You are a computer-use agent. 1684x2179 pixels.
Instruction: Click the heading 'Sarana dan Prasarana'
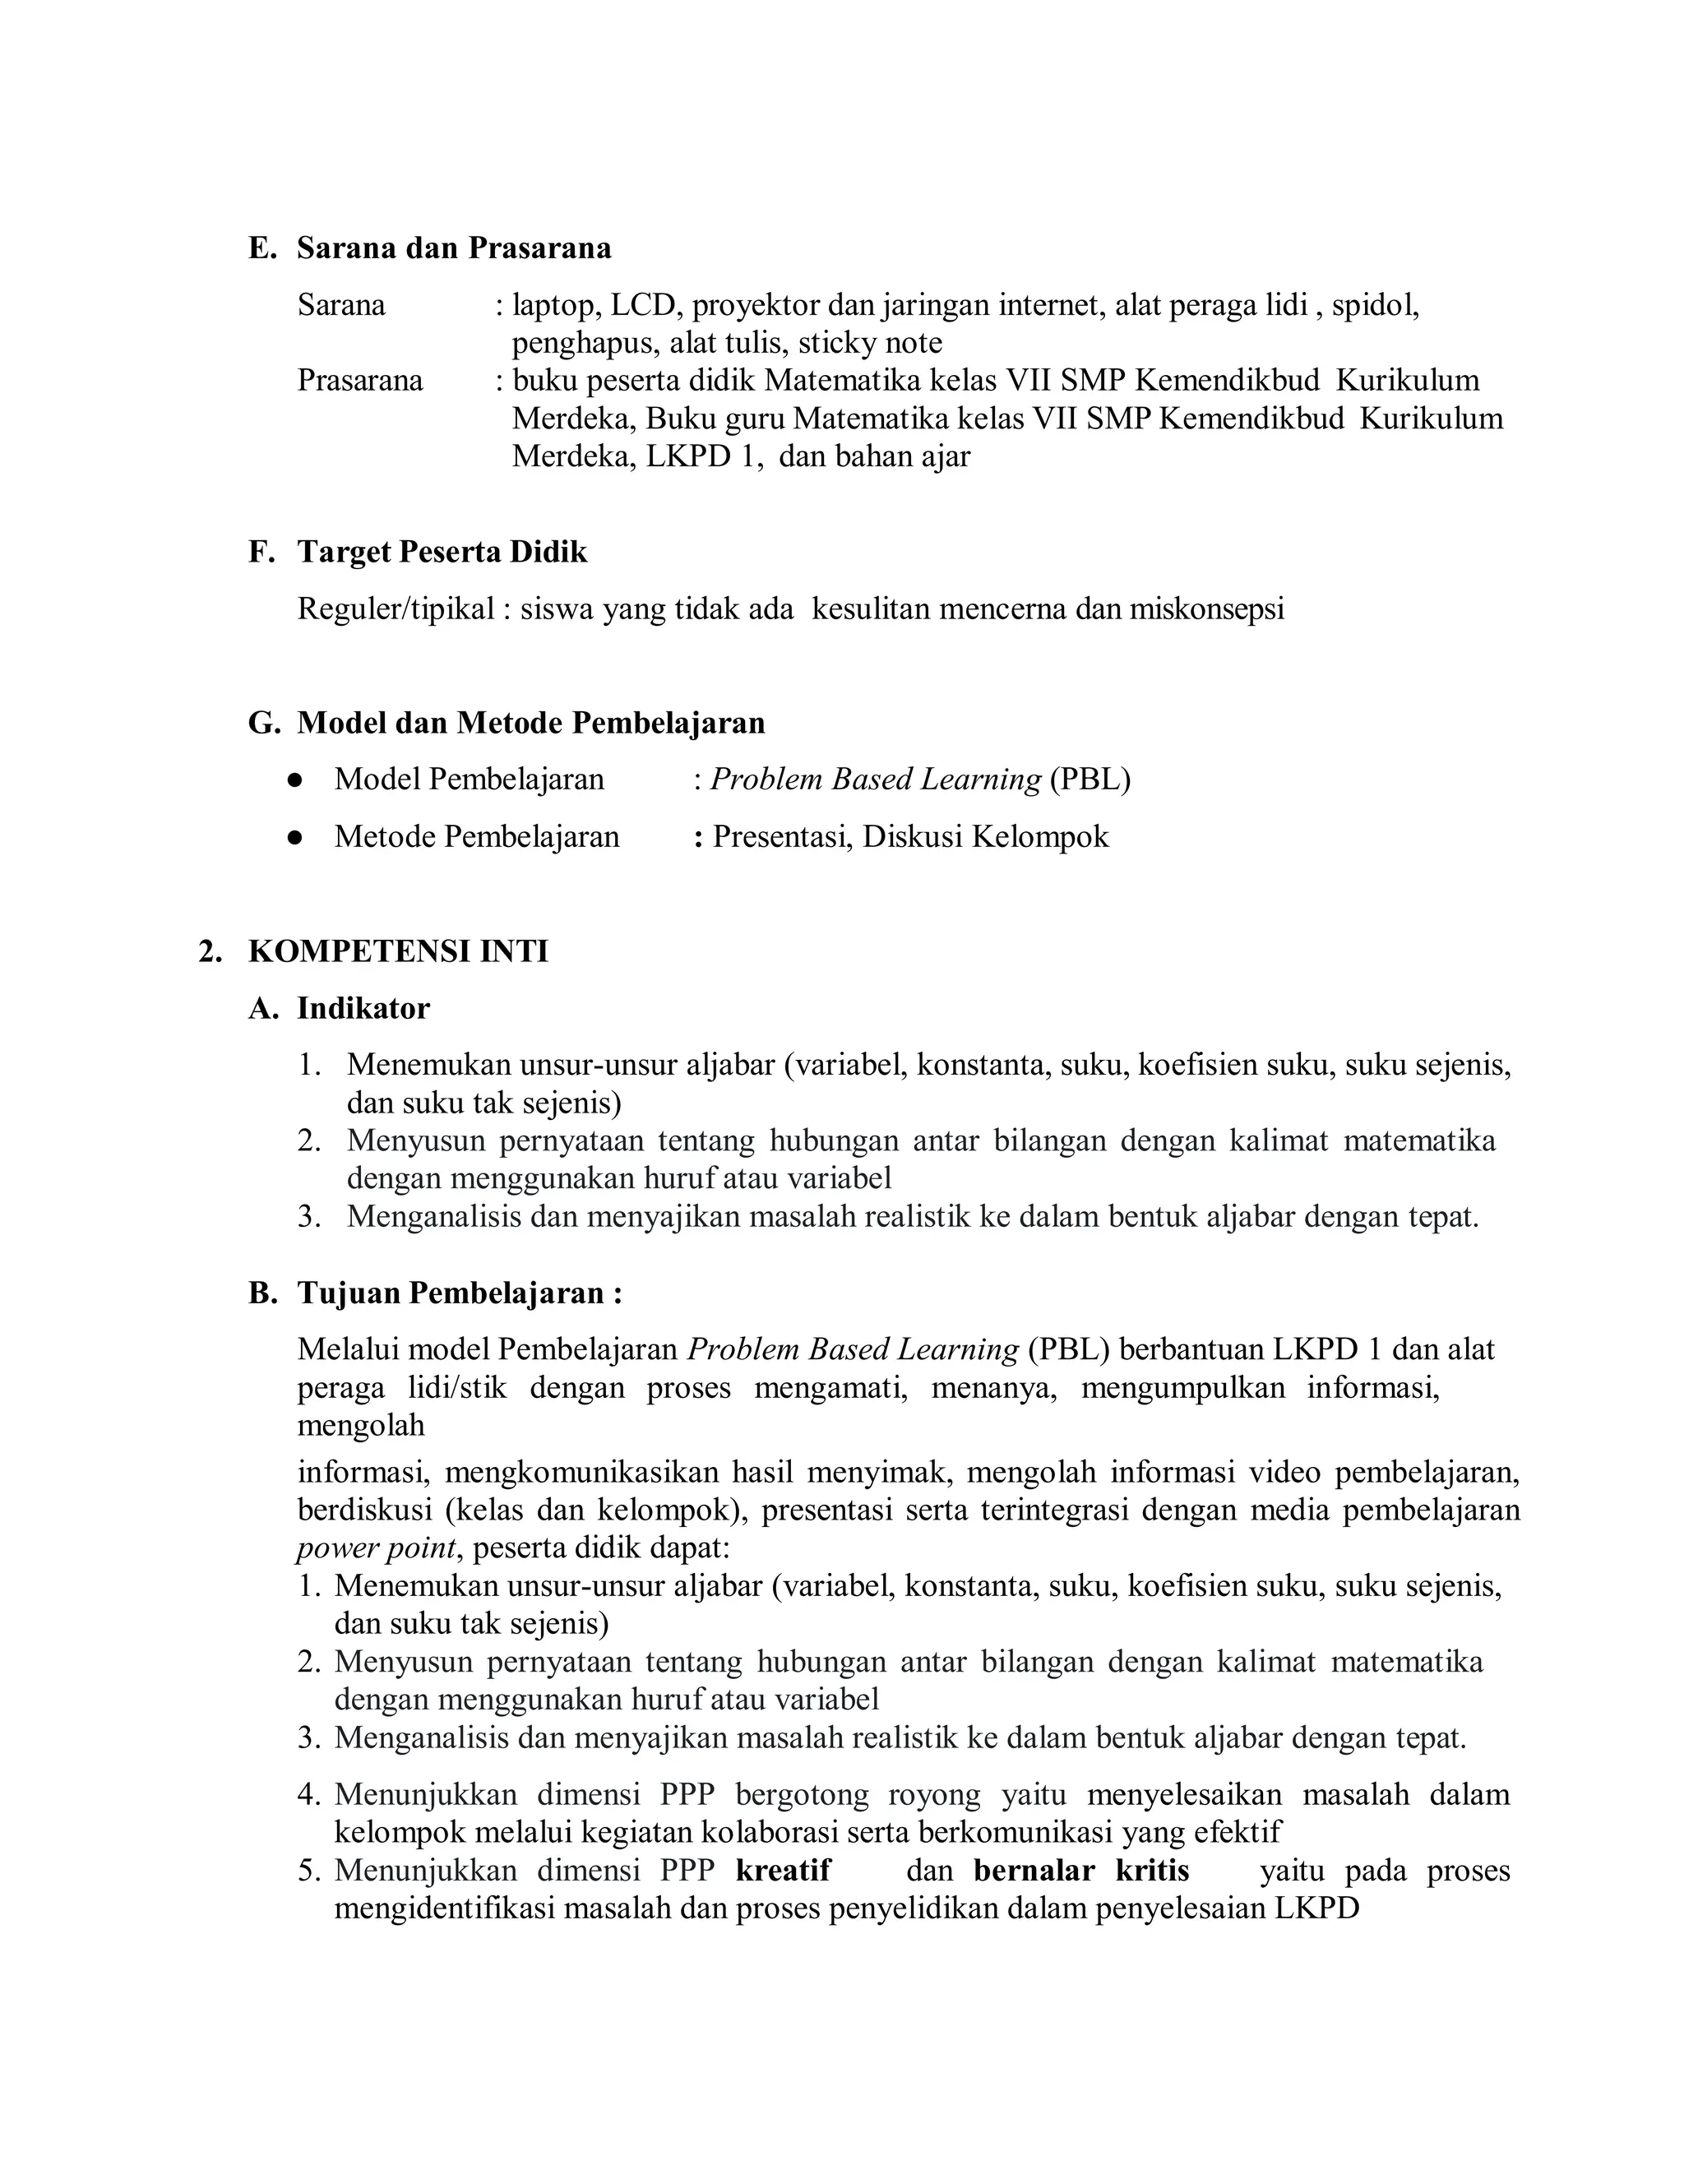(x=454, y=248)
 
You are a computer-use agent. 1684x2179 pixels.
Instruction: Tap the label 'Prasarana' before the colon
(x=360, y=380)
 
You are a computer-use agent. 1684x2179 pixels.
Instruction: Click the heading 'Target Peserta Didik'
(x=442, y=552)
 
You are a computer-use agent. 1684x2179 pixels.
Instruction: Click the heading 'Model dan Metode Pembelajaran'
(x=530, y=722)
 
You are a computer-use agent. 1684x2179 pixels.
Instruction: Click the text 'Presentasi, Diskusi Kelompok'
(x=910, y=837)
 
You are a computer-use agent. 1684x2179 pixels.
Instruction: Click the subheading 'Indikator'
(x=363, y=1009)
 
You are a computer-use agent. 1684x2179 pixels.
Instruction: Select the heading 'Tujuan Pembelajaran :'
(x=460, y=1293)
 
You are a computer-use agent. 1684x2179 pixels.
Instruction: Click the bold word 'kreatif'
(x=783, y=1871)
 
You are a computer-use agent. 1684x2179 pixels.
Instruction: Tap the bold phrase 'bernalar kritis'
(x=1081, y=1871)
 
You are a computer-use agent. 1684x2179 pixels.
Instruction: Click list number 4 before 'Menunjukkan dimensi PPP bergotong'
(x=308, y=1795)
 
